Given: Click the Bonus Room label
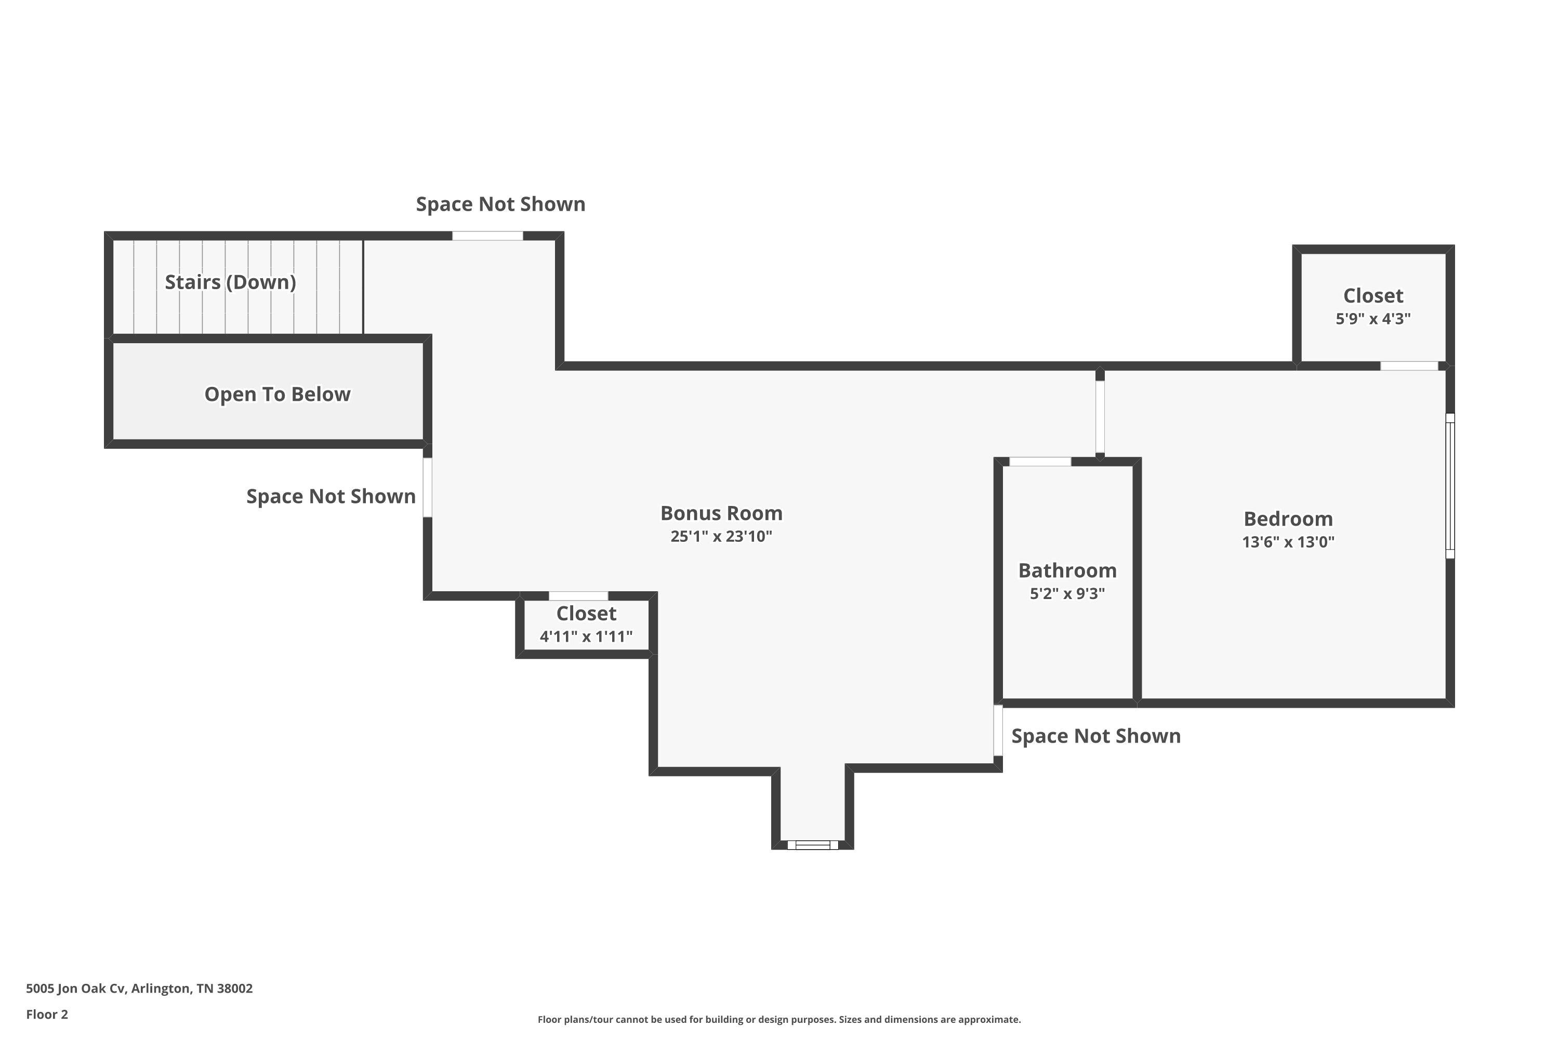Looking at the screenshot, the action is [721, 513].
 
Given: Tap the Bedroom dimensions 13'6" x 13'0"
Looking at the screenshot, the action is [1288, 542].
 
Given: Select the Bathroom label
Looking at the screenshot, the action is [1067, 570].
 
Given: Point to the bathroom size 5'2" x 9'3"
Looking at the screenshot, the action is [1067, 594].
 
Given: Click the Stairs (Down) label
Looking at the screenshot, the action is [230, 282].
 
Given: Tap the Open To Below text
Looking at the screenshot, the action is [277, 394].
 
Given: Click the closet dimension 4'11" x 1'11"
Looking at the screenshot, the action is [586, 636].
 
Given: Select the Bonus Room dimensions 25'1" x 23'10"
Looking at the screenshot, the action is [721, 537].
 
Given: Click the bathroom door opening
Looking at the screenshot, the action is [1040, 462].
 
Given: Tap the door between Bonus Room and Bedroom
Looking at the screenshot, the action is [1100, 417].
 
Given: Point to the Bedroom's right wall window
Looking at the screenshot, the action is [1450, 486].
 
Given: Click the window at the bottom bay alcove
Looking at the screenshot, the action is [813, 844].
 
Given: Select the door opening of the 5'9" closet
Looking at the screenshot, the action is [1409, 366].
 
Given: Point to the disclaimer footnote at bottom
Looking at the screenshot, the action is [779, 1019].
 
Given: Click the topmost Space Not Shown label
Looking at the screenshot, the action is [500, 204].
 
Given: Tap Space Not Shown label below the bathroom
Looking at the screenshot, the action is [1095, 736].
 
